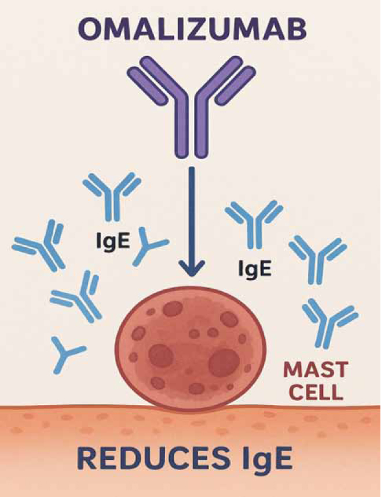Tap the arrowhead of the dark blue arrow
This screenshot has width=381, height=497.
point(191,267)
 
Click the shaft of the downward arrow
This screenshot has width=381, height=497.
point(191,214)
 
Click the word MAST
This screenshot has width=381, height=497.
point(316,369)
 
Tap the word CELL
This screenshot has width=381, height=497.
point(316,392)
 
